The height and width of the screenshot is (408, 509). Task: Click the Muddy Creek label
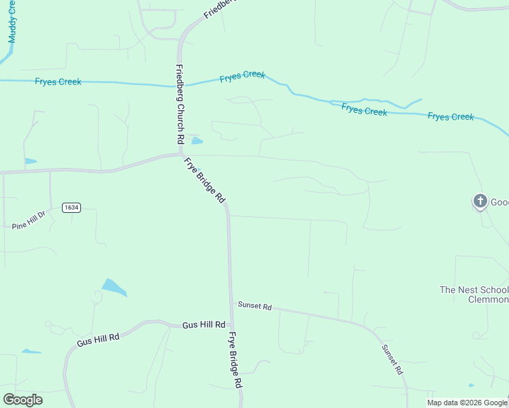point(12,21)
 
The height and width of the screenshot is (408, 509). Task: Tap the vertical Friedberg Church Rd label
point(180,103)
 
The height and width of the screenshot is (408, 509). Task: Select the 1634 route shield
point(71,207)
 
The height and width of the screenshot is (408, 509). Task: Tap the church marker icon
point(480,201)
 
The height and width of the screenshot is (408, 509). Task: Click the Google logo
point(22,400)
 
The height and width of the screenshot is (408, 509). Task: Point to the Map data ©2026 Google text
point(467,403)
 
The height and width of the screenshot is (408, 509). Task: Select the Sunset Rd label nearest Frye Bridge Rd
point(255,306)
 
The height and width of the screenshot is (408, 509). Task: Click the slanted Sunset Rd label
point(392,360)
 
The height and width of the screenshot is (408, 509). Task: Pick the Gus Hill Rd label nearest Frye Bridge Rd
point(203,326)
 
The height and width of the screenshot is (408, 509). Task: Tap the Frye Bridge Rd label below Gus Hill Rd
point(235,370)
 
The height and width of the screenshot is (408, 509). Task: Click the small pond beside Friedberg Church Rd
point(197,141)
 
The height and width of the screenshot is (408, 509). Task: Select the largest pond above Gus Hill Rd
point(114,288)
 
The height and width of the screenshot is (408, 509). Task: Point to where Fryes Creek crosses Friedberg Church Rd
point(180,86)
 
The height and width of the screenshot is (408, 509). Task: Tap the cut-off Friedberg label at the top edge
point(219,9)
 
